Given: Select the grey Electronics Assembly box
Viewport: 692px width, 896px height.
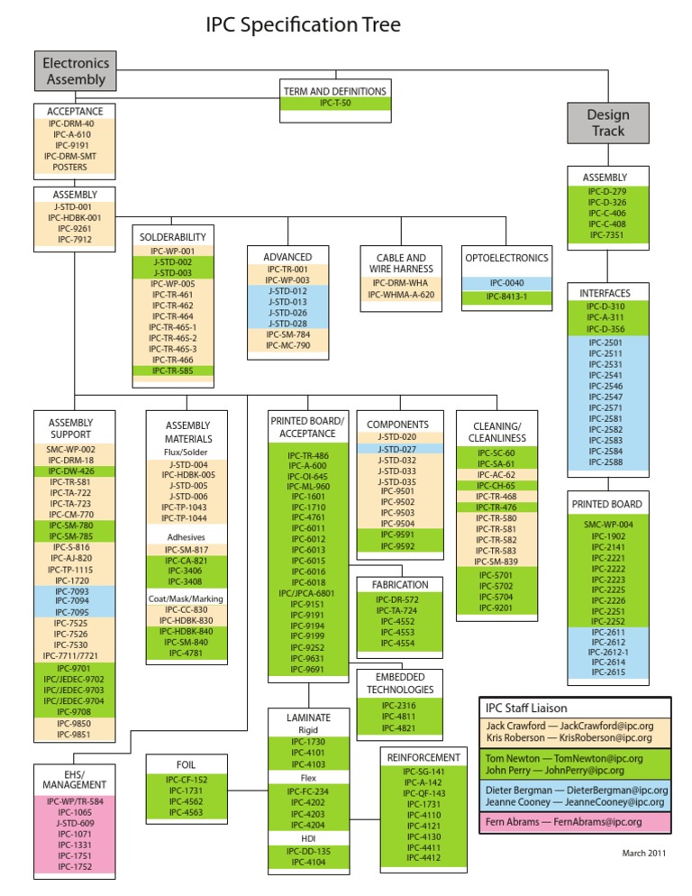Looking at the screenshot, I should coord(76,71).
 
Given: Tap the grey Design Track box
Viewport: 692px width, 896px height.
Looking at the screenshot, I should coord(607,123).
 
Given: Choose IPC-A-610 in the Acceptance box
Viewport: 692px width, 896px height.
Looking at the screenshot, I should coord(74,133).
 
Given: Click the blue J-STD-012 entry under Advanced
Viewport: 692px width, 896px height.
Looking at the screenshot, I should coord(288,290).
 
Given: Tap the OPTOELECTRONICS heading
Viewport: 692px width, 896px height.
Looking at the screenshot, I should coord(506,258).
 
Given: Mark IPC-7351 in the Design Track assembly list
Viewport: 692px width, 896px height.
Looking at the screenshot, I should coord(607,234).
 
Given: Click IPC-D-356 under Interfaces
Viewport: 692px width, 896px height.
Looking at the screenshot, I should coord(607,329).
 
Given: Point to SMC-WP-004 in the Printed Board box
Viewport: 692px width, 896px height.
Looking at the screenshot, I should coord(607,524).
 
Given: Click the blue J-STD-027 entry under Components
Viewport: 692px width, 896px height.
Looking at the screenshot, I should coord(397,448).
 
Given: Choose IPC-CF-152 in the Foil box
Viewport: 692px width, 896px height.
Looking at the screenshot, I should coord(187,780).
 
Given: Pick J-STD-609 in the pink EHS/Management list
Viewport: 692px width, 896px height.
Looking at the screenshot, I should coord(75,823).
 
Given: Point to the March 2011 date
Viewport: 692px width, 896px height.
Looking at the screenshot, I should coord(643,854).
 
